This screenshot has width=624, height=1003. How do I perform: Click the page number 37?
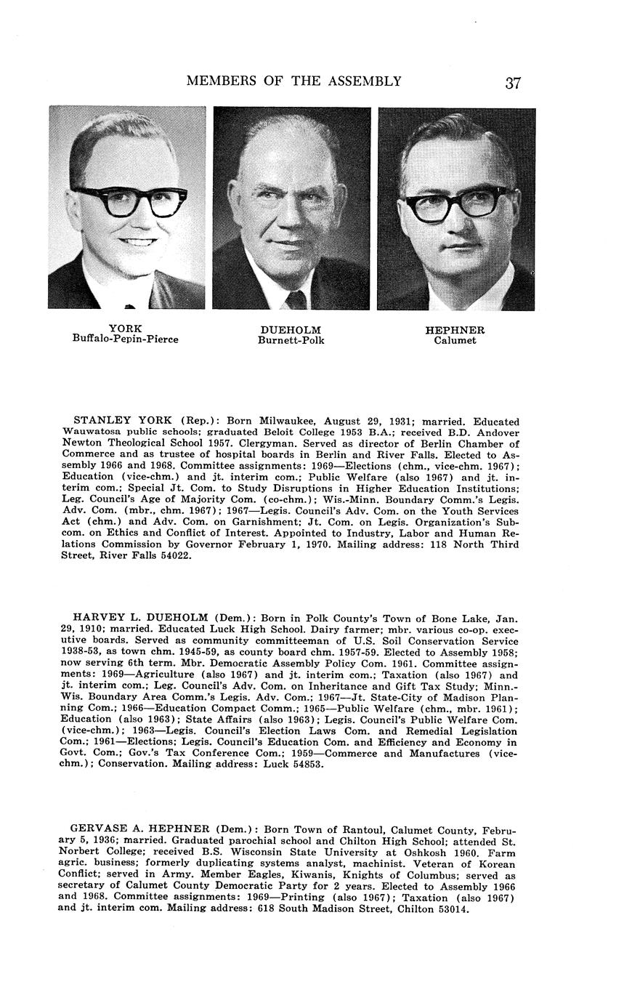[x=513, y=82]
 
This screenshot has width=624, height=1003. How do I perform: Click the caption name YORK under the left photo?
[x=125, y=329]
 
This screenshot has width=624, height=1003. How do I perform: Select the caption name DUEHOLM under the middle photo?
[x=291, y=330]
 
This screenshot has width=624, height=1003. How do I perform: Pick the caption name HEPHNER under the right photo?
[x=455, y=330]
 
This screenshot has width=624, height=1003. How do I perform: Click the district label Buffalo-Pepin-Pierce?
[x=125, y=339]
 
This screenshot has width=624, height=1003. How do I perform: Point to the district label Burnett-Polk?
[x=291, y=340]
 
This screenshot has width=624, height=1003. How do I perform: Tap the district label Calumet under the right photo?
[x=455, y=340]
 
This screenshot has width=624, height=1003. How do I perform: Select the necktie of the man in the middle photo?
[x=296, y=299]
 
